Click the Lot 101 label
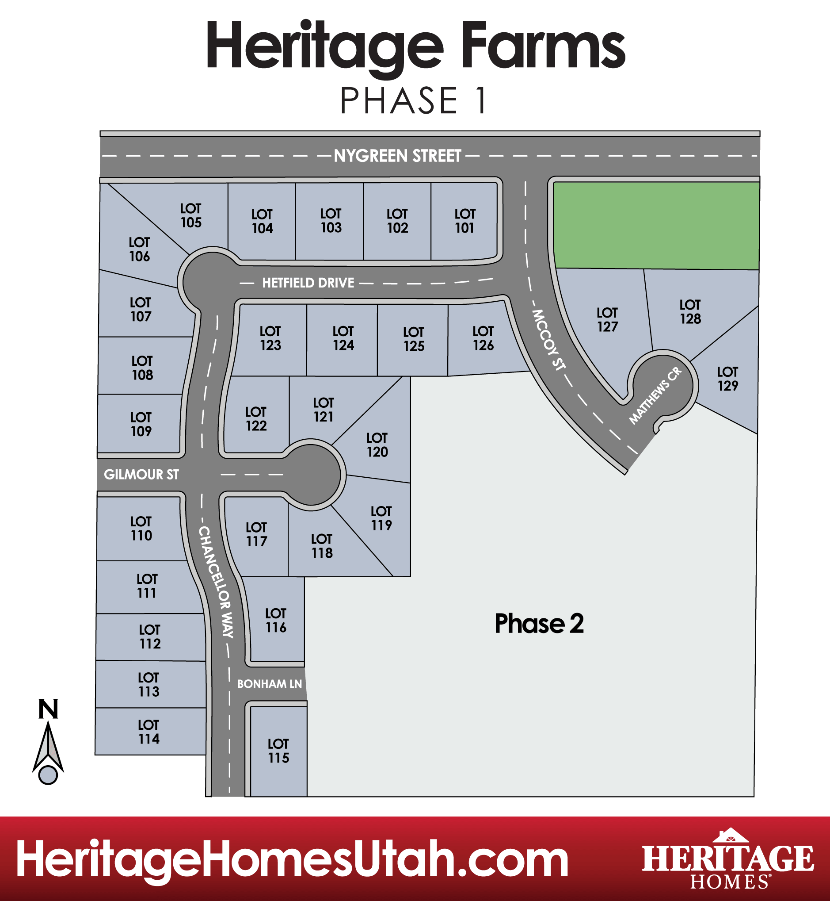coord(464,221)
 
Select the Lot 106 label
coord(139,249)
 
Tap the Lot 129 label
coord(727,378)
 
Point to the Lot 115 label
coord(278,751)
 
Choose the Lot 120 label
coord(377,445)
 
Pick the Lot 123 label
coord(270,338)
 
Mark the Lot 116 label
coord(276,620)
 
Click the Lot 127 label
coord(607,319)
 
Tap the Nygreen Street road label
coord(397,156)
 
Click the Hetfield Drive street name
coord(308,283)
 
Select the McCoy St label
coord(548,340)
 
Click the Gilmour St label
coord(141,475)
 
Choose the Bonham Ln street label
coord(270,684)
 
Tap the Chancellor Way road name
coord(216,582)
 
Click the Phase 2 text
coord(539,624)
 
